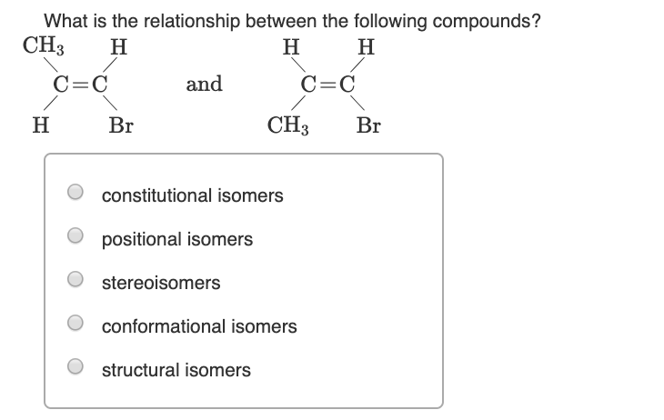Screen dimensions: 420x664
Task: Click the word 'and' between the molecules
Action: (x=204, y=85)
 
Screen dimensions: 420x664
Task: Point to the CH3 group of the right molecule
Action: (x=289, y=125)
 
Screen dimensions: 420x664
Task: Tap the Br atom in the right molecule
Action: (x=368, y=125)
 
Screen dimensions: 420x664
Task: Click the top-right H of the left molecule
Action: (x=117, y=47)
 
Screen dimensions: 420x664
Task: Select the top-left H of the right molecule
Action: (x=289, y=47)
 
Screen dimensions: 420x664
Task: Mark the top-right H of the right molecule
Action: (x=367, y=47)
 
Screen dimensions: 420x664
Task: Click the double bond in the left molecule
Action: (x=81, y=86)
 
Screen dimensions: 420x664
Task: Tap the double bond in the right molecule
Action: (x=328, y=86)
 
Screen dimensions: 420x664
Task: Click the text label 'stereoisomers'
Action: (x=161, y=283)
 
